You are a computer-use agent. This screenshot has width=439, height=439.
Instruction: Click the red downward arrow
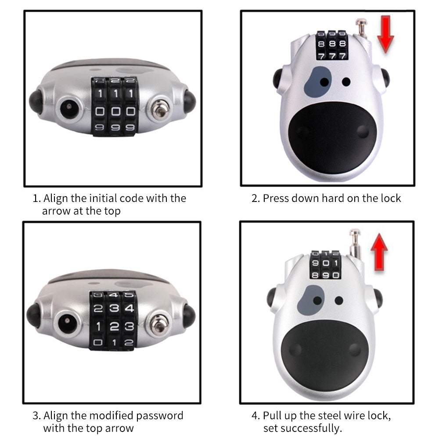click(x=385, y=34)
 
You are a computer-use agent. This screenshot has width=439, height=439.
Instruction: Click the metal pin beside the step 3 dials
click(x=158, y=324)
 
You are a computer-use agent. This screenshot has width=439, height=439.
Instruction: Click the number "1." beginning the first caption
click(x=37, y=198)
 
